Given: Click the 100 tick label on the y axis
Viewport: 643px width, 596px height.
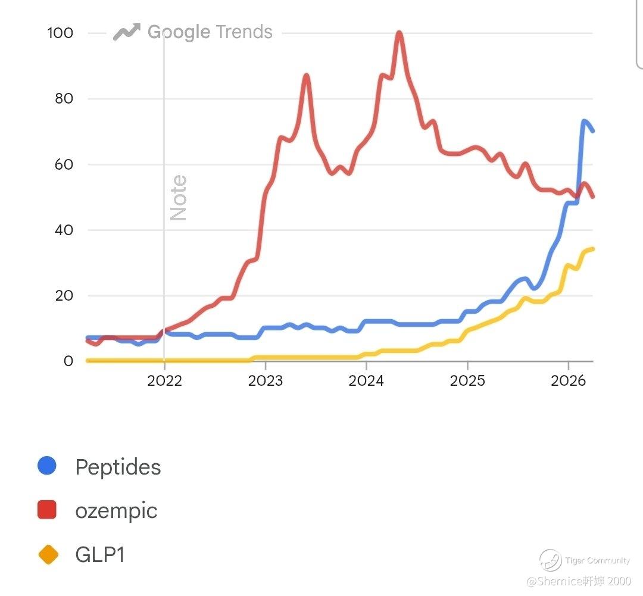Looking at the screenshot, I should click(60, 33).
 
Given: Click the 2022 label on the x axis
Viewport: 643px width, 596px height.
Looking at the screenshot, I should click(164, 381).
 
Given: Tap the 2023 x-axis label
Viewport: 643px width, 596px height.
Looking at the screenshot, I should click(265, 381).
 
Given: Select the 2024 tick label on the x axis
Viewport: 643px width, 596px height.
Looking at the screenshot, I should click(366, 381).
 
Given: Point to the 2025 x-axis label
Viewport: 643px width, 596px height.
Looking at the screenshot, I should click(467, 381).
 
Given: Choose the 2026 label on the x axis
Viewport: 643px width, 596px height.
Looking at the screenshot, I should click(568, 381).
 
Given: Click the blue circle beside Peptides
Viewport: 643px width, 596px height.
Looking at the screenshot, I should click(47, 466).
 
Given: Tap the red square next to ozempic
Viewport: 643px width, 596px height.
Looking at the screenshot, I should click(47, 510).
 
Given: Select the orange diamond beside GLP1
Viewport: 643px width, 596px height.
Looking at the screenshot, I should click(48, 555).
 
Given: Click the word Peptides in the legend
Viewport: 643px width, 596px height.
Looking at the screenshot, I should click(118, 467).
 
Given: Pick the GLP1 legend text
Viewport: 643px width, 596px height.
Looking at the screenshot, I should click(100, 555).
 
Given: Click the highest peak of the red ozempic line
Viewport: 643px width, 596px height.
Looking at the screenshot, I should click(399, 33).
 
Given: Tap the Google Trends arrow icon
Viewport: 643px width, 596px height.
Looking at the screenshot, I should click(126, 32).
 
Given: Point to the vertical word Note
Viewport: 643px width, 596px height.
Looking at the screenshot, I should click(179, 198).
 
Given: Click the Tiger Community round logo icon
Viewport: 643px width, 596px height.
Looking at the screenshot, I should click(551, 560).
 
